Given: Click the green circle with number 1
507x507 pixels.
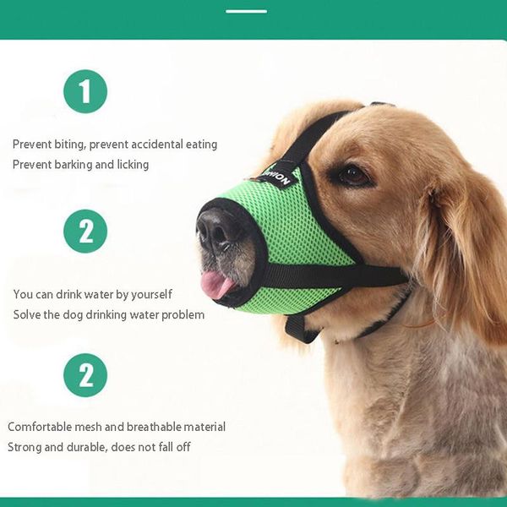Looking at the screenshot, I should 85,91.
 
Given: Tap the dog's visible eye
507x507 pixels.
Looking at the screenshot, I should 352,176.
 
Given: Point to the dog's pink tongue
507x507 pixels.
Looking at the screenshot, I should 215,284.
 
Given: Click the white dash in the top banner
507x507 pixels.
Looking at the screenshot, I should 246,11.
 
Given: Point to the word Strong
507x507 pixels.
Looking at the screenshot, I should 25,447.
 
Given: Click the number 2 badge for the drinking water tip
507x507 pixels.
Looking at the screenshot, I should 85,232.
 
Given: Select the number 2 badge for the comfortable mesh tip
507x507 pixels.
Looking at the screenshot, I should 85,375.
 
